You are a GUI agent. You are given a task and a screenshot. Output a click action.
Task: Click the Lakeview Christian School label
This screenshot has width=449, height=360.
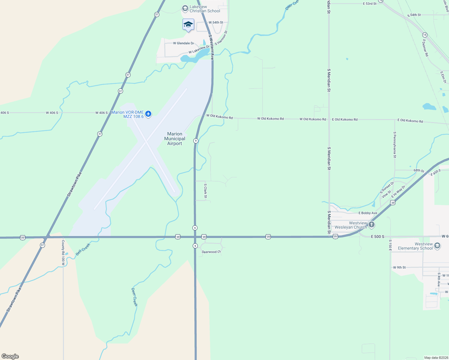coord(205,9)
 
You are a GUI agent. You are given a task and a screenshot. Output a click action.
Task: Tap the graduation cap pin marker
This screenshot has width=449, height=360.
coord(188,25)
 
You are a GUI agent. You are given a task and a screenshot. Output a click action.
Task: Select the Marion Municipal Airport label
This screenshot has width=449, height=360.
coord(175,139)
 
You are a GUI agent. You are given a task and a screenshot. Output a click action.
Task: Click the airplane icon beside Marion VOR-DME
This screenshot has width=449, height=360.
coord(148,114)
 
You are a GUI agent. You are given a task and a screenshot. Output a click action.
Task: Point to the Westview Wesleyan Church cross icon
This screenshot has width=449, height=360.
coord(372,224)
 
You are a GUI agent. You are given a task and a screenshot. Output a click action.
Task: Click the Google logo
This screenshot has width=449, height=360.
coord(10,356)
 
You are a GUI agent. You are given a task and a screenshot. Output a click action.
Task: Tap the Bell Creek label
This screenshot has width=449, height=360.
coord(83,250)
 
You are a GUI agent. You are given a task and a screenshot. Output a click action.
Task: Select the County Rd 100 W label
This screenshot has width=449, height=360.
coord(63,253)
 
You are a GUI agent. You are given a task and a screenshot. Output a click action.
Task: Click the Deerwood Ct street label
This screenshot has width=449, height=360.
coord(211,252)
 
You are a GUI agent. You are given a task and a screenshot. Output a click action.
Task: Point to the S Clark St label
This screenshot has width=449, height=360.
coord(206,191)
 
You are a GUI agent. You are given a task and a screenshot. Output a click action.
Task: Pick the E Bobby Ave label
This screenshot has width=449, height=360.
coord(368,213)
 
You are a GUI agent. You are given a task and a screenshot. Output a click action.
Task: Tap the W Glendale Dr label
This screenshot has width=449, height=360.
coord(183,43)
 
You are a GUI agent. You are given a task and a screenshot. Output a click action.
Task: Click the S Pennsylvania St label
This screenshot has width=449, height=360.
coord(395,145)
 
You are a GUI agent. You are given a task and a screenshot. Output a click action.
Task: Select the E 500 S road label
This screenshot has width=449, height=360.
coord(378,237)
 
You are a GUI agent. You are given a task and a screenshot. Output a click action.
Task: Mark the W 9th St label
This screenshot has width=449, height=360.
coord(399,267)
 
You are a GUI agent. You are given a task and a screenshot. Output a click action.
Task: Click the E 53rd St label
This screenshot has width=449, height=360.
coord(370,4)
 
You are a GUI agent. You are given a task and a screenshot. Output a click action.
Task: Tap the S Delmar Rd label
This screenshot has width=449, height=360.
coord(426,48)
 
